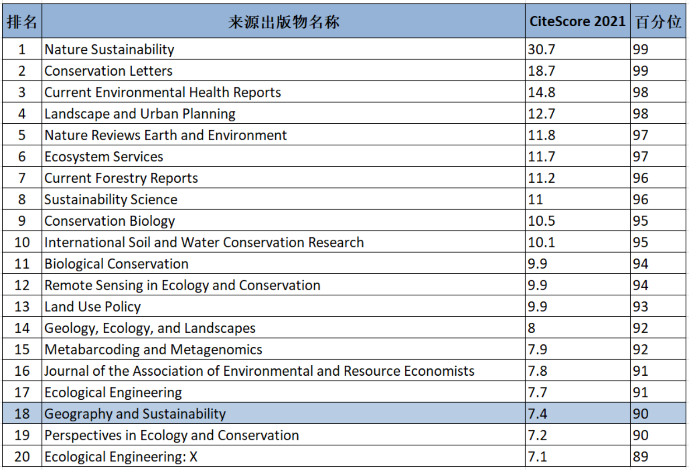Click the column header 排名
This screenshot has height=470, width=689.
click(22, 21)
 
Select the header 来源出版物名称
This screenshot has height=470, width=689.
click(283, 21)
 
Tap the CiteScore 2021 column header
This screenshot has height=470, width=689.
click(577, 21)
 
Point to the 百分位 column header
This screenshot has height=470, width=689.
click(658, 21)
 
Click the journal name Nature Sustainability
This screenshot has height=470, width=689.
click(109, 49)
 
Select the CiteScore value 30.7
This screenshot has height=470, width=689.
click(541, 49)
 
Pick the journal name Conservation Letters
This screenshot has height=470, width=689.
click(108, 71)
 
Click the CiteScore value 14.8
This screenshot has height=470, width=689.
click(541, 92)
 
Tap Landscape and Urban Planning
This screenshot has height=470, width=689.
click(140, 114)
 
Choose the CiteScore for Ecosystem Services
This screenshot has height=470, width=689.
click(541, 157)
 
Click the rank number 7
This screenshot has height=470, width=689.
click(22, 178)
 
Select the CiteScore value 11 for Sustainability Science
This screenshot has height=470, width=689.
click(535, 199)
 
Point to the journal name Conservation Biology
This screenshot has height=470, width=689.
click(110, 221)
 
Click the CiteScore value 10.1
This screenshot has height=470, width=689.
click(541, 242)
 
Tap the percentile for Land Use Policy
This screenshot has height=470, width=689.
click(641, 307)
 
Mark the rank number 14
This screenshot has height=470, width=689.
click(22, 328)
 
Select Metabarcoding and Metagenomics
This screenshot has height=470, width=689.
click(153, 349)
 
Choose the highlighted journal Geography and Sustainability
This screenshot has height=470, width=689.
click(135, 414)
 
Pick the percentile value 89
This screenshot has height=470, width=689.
click(641, 456)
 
